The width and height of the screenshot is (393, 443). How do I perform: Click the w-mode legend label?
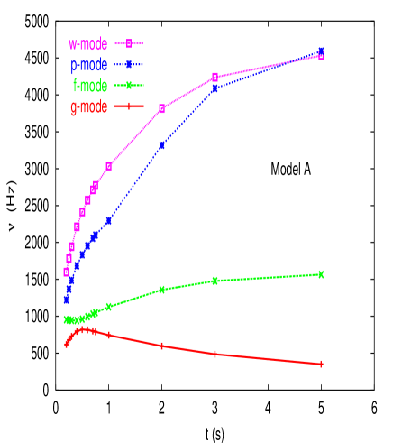[x=87, y=43]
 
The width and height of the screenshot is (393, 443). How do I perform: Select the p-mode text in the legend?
[x=88, y=65]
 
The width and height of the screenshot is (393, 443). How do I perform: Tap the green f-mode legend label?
[x=89, y=87]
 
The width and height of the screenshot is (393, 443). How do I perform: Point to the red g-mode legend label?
[x=88, y=108]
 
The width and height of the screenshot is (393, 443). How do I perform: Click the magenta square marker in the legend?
[x=129, y=43]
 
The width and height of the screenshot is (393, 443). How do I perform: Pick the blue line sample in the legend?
[x=129, y=65]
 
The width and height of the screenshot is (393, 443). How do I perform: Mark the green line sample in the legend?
[x=129, y=87]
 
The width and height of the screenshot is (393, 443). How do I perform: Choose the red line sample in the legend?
[x=129, y=108]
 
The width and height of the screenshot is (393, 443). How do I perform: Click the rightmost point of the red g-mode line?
[x=322, y=364]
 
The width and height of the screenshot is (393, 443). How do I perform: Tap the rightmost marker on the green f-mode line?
[x=322, y=274]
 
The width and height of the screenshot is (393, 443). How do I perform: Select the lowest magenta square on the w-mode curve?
[x=67, y=272]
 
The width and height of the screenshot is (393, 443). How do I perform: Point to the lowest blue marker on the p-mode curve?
[x=67, y=300]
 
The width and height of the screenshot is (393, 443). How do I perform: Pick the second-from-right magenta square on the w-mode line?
[x=215, y=77]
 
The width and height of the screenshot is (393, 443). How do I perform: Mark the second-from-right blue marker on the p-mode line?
[x=215, y=88]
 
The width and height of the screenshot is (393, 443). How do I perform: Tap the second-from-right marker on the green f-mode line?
[x=215, y=281]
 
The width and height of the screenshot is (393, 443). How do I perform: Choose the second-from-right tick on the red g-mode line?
[x=215, y=354]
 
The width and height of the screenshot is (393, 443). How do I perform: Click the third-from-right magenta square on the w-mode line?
[x=161, y=108]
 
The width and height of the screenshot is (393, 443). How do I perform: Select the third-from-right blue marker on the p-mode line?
[x=161, y=145]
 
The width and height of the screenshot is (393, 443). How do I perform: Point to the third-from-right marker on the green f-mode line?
[x=161, y=290]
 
